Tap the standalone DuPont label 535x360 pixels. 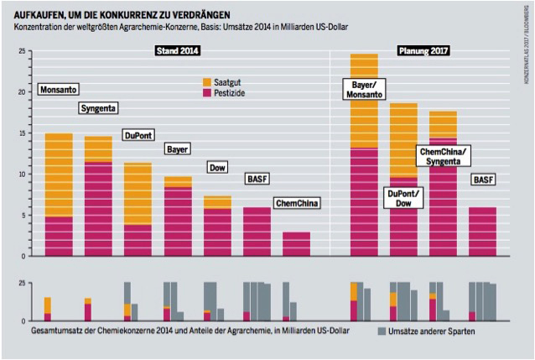(140, 134)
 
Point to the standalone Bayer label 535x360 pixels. (177, 149)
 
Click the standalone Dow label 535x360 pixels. (218, 167)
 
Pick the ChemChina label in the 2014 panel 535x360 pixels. (298, 202)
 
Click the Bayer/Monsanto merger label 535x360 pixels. (363, 89)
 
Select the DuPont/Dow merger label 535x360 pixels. (404, 198)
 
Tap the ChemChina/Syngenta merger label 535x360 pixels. (444, 155)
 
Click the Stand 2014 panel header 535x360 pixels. (178, 50)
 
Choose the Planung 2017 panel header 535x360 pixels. (423, 50)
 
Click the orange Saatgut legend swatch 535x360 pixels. (209, 81)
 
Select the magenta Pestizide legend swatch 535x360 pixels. (209, 94)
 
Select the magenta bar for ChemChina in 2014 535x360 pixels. (296, 243)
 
